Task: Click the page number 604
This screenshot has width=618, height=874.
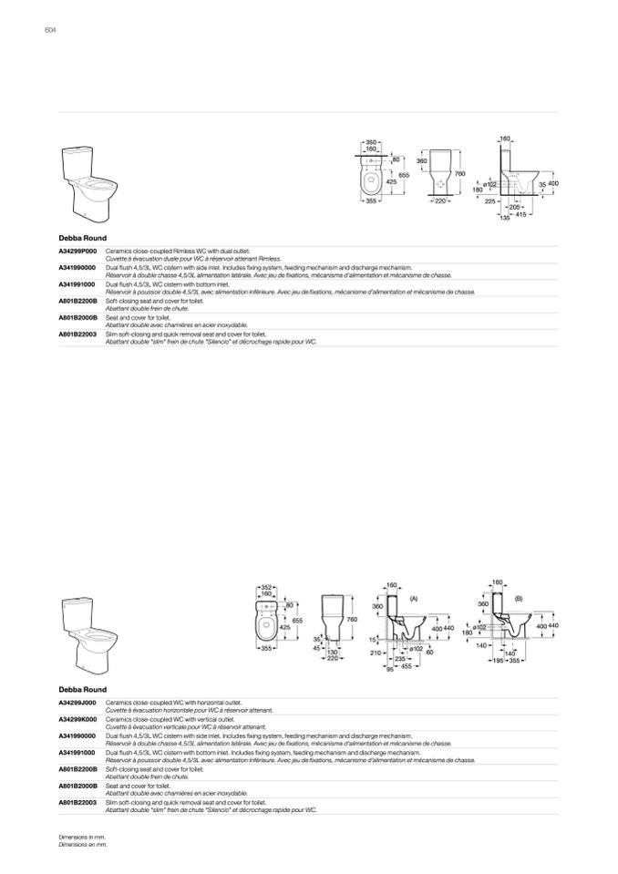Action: tap(50, 30)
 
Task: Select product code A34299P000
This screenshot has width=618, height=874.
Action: tap(77, 249)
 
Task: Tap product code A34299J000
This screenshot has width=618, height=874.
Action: tap(77, 702)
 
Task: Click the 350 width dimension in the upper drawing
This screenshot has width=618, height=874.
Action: tap(371, 143)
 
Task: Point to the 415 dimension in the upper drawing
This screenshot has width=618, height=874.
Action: tap(521, 214)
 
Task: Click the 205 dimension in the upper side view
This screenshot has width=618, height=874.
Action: tap(514, 207)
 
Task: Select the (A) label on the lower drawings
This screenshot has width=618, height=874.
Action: tap(413, 598)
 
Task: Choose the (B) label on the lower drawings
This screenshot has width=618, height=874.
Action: tap(518, 598)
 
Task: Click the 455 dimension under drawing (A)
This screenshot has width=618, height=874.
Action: tap(405, 666)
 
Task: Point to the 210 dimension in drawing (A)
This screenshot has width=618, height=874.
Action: tap(375, 653)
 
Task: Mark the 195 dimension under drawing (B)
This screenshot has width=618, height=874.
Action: tap(498, 660)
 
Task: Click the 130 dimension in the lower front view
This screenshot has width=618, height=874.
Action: tap(334, 653)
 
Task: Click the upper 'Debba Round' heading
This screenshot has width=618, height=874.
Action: tap(82, 238)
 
